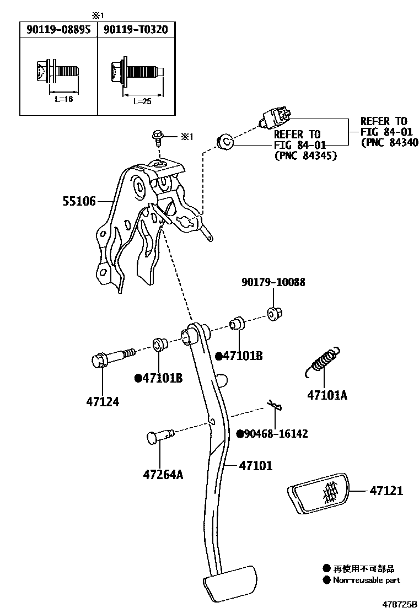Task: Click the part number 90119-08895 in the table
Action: click(x=58, y=30)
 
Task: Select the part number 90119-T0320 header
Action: click(x=133, y=30)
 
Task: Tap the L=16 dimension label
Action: click(x=63, y=99)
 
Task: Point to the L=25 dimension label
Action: click(x=142, y=101)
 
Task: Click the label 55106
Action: click(x=78, y=202)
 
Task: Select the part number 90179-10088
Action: click(x=273, y=282)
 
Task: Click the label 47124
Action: click(x=103, y=402)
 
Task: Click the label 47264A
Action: click(x=163, y=474)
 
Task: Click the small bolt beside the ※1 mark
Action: click(x=158, y=136)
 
